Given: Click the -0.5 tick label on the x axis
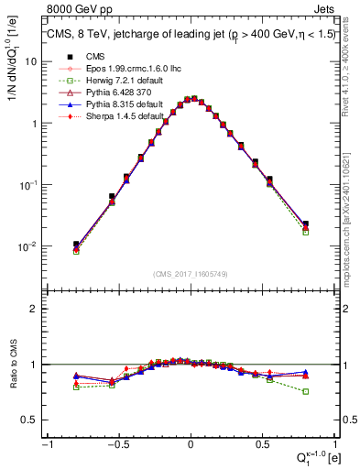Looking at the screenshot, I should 117,445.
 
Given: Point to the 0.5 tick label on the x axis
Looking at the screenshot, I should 263,445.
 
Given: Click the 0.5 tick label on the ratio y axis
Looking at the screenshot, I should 30,420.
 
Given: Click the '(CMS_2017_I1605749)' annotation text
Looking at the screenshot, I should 190,274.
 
